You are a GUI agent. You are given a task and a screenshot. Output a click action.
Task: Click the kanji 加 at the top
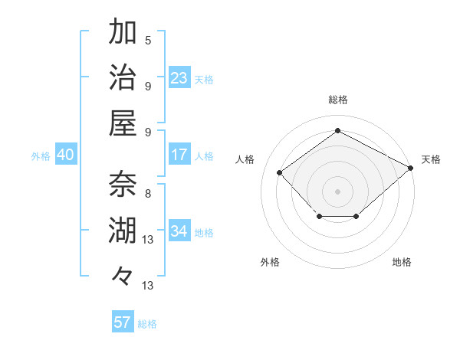pyautogui.click(x=123, y=32)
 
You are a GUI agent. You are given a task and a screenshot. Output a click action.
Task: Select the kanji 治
pyautogui.click(x=123, y=77)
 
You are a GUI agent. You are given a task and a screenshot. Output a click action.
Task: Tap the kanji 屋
pyautogui.click(x=123, y=123)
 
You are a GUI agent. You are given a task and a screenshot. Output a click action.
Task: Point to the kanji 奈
pyautogui.click(x=123, y=185)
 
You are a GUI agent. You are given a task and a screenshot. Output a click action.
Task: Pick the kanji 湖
pyautogui.click(x=123, y=230)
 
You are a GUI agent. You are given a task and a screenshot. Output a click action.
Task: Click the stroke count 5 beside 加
pyautogui.click(x=148, y=40)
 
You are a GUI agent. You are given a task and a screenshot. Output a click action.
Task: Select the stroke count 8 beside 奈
pyautogui.click(x=147, y=193)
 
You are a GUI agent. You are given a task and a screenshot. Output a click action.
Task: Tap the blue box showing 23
pyautogui.click(x=179, y=77)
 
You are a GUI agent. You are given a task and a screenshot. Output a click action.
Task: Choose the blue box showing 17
pyautogui.click(x=179, y=155)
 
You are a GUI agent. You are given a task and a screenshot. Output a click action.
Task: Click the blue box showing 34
pyautogui.click(x=179, y=231)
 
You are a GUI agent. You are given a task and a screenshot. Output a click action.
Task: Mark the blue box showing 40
pyautogui.click(x=65, y=155)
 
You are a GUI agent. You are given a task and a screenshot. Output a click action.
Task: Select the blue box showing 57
pyautogui.click(x=123, y=322)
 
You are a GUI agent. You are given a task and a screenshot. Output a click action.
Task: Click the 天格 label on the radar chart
pyautogui.click(x=431, y=159)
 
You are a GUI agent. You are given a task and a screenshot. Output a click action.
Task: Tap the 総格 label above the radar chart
pyautogui.click(x=337, y=100)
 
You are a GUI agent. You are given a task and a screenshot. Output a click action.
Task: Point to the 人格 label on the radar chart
pyautogui.click(x=245, y=159)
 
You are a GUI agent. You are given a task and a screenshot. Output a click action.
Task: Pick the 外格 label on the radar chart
pyautogui.click(x=270, y=262)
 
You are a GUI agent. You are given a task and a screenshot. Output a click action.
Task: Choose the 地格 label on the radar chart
pyautogui.click(x=402, y=262)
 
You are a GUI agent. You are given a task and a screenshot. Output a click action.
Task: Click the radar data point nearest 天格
pyautogui.click(x=411, y=167)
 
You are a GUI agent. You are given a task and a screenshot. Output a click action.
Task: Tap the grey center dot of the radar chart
pyautogui.click(x=337, y=191)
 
